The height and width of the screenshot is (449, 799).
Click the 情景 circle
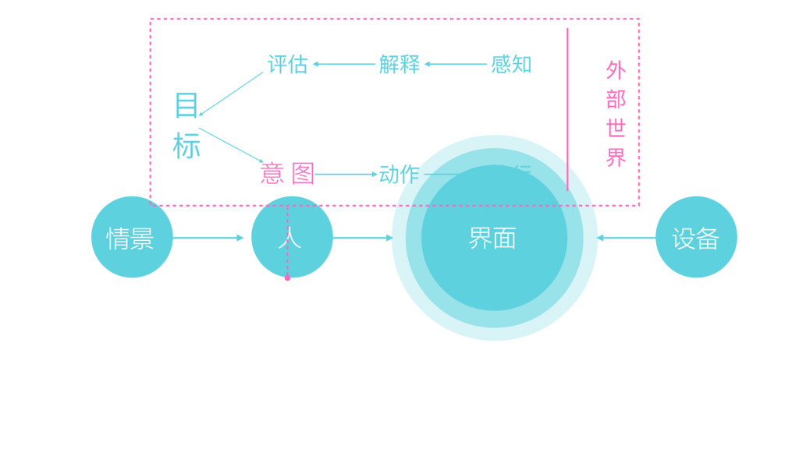(132, 237)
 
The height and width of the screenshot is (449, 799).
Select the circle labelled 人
(292, 237)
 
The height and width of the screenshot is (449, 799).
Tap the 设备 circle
(696, 237)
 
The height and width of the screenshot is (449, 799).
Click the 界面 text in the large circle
(492, 238)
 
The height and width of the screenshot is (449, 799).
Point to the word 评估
(287, 64)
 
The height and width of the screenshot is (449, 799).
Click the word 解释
(399, 64)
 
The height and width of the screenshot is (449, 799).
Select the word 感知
(511, 64)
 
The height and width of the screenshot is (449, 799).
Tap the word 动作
(399, 174)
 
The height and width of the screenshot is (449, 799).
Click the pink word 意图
(287, 174)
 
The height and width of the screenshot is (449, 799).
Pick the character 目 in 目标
(186, 105)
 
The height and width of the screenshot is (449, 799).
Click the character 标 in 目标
(186, 146)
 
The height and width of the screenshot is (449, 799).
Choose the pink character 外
(616, 70)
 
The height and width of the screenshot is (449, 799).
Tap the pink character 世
(616, 128)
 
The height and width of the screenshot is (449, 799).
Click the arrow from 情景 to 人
(208, 238)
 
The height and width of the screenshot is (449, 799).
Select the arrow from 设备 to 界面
(627, 238)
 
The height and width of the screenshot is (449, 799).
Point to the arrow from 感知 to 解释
(456, 64)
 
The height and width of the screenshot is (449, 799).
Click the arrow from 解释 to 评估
(343, 64)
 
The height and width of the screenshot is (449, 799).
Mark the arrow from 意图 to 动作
(346, 175)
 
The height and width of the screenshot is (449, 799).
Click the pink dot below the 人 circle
(287, 278)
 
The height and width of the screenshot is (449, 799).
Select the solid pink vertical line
(567, 109)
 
